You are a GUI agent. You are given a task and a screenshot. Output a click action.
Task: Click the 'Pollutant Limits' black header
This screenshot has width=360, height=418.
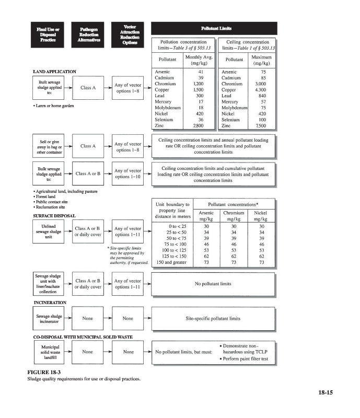(x=213, y=28)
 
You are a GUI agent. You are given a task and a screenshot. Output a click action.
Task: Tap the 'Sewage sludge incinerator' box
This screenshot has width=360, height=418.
(x=49, y=319)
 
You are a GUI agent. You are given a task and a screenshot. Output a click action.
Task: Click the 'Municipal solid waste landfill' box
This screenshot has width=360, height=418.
(x=50, y=353)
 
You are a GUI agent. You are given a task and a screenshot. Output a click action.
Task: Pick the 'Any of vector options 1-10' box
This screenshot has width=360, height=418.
(x=127, y=173)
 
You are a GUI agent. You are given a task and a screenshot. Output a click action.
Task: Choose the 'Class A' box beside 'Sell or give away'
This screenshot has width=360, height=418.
(x=88, y=146)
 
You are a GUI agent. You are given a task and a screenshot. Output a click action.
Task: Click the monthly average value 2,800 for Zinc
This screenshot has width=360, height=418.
(x=198, y=126)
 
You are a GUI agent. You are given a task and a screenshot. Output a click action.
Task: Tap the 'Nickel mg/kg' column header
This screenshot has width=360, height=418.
(x=260, y=216)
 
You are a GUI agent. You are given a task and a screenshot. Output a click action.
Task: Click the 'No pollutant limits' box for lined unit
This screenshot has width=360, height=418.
(x=213, y=284)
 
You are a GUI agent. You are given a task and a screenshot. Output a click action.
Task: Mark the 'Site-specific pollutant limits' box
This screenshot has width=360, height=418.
(x=213, y=318)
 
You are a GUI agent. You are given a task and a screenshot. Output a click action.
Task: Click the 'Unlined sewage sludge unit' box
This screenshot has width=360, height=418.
(x=49, y=231)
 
